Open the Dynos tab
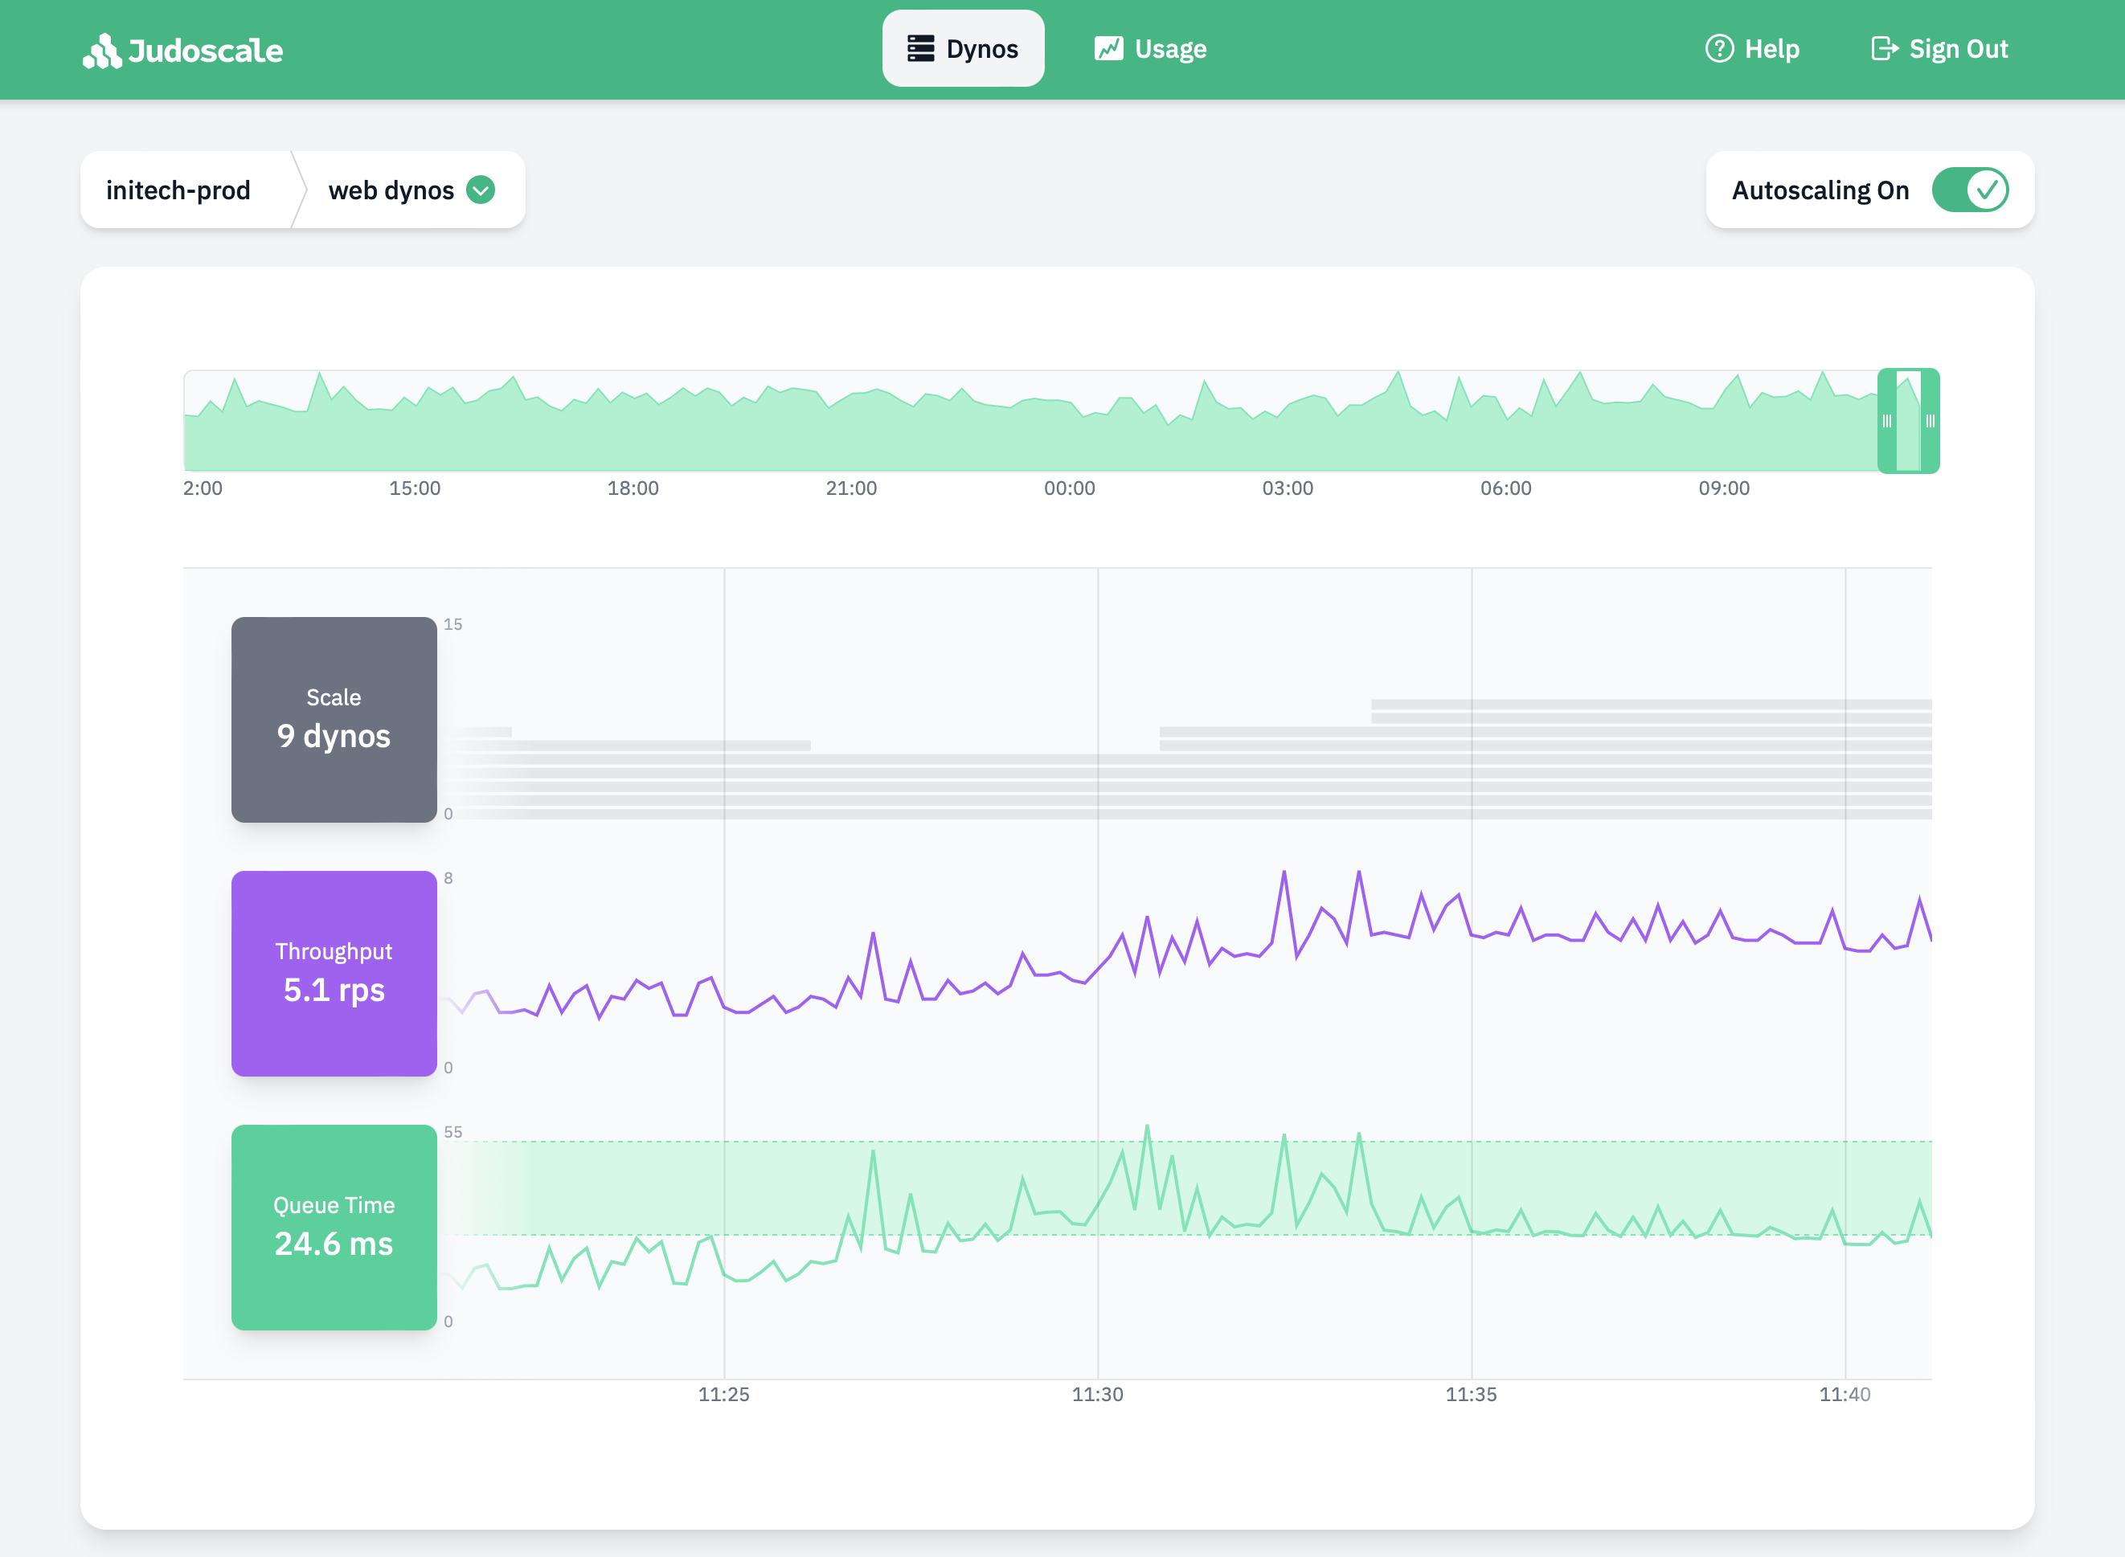point(963,49)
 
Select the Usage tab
point(1150,49)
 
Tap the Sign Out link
point(1939,49)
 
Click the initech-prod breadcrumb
point(178,190)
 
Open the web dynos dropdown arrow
point(481,190)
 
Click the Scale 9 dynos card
point(334,719)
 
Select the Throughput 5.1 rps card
point(334,973)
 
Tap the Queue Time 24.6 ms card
point(334,1226)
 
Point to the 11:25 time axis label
point(723,1394)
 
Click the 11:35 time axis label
point(1471,1394)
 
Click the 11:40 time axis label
point(1844,1394)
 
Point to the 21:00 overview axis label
point(850,488)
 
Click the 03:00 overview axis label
point(1287,488)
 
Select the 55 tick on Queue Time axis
point(452,1132)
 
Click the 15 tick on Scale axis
point(452,624)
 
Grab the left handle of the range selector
point(1886,421)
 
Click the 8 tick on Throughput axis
point(448,877)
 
